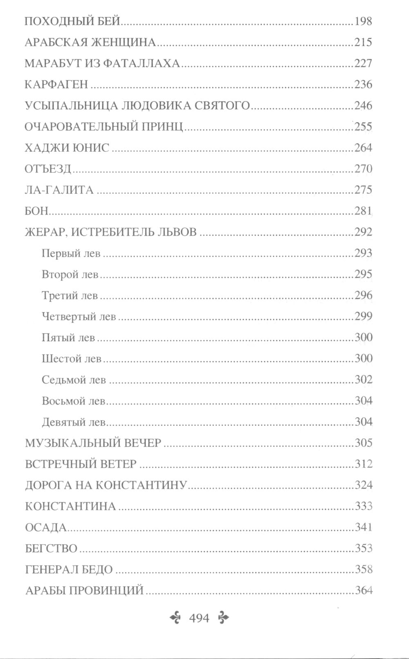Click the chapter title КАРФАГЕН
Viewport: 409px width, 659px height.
tap(56, 84)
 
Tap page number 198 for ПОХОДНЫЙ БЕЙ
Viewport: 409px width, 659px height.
tap(363, 21)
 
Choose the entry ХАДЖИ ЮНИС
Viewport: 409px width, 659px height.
tap(67, 148)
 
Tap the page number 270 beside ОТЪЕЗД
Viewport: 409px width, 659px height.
tap(363, 169)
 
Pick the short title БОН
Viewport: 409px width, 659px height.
tap(36, 211)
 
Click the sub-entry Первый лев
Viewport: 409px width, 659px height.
tap(71, 254)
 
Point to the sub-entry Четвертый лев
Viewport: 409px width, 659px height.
tap(79, 317)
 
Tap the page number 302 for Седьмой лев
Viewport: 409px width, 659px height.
tap(363, 380)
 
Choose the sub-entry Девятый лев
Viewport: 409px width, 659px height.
tap(74, 422)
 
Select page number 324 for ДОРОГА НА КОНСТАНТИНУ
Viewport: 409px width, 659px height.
tap(363, 485)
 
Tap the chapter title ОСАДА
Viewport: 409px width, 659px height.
tap(46, 528)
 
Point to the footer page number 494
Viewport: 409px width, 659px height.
tap(199, 618)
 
